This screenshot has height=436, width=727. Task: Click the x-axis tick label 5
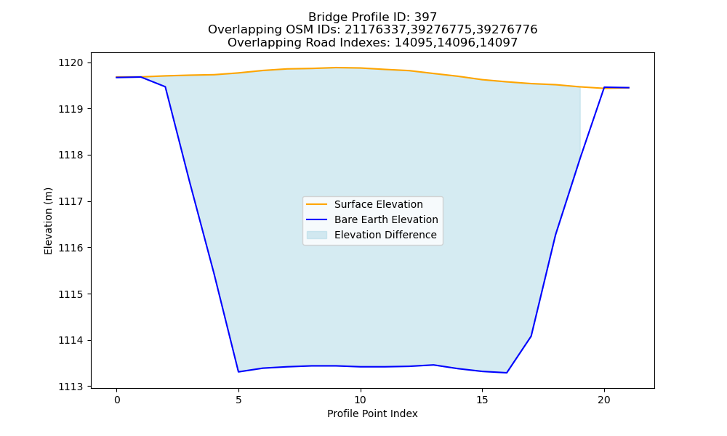coord(238,400)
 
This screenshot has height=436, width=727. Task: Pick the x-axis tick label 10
coord(361,400)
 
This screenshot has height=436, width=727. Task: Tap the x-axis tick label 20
coord(603,400)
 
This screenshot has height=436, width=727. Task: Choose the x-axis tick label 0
coord(117,400)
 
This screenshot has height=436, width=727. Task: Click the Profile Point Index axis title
coord(372,413)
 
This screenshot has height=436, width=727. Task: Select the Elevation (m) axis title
coord(48,221)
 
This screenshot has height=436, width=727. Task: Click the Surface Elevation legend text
coord(378,204)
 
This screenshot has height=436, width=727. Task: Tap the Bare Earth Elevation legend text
coord(386,219)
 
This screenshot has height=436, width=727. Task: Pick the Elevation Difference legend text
coord(385,235)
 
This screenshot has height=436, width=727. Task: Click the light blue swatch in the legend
coord(317,235)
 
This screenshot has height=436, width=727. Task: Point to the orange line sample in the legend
coord(317,204)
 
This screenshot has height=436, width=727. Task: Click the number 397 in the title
coord(425,17)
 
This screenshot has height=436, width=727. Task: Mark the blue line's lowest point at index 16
coord(506,373)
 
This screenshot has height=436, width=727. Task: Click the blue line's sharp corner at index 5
coord(238,371)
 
